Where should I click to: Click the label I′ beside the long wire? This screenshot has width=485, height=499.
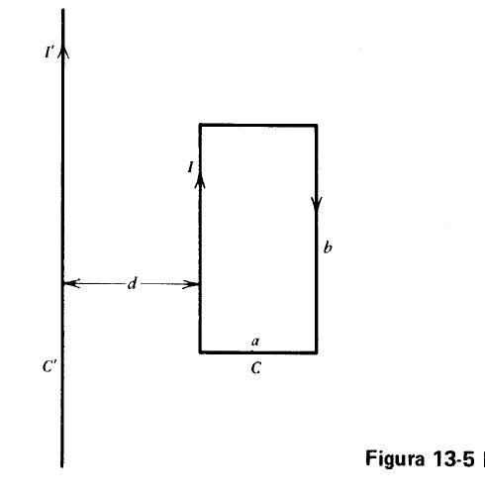point(49,52)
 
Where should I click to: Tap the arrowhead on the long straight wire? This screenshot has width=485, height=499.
point(63,51)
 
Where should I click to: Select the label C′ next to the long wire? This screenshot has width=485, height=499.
point(49,366)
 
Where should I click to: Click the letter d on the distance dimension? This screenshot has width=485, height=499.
point(133,283)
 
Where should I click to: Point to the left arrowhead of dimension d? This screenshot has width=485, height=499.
point(71,283)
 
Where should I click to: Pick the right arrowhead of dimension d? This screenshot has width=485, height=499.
point(191,284)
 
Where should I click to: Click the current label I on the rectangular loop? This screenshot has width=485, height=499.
point(190,167)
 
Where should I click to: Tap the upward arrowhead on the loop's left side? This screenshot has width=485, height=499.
point(200,180)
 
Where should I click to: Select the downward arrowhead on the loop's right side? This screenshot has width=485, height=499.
point(317,205)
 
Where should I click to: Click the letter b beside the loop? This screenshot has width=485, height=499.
point(328,248)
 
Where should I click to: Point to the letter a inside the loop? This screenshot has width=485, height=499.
point(255,342)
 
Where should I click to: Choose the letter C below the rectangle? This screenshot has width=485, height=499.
point(256,368)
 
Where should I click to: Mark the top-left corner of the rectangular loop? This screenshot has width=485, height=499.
point(200,125)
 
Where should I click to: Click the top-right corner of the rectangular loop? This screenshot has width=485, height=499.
point(316,126)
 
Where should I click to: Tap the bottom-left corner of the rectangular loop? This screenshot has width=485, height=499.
point(200,352)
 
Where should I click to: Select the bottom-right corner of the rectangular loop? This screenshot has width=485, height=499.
point(316,352)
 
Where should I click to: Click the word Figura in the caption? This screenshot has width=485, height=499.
point(395,459)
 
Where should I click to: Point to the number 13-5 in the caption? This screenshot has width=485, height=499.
point(453,458)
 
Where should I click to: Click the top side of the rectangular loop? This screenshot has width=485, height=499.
point(258,125)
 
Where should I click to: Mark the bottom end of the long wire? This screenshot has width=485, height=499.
point(61,467)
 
